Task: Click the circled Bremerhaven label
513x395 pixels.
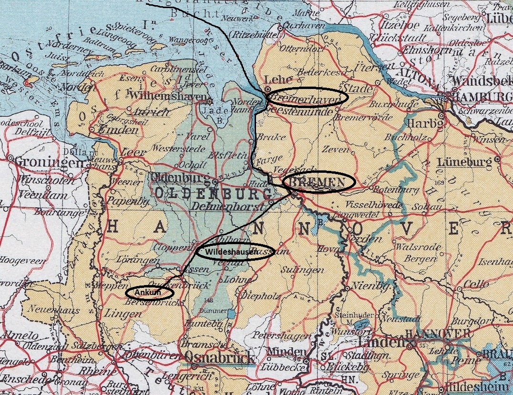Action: (307, 98)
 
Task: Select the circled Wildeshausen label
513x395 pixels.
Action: (235, 251)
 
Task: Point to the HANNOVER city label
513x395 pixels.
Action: (437, 334)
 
